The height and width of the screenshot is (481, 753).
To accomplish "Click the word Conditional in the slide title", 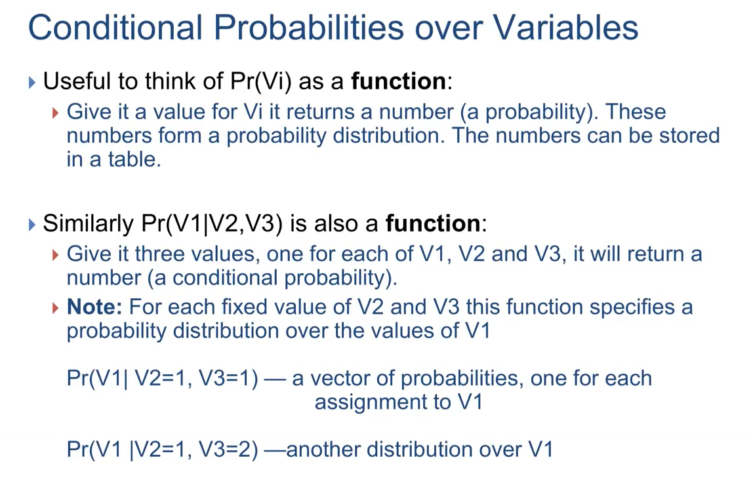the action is [115, 28].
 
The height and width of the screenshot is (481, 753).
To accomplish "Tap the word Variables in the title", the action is [565, 28].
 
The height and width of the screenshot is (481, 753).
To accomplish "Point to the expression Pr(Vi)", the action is [261, 81].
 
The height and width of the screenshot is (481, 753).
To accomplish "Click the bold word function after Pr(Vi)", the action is [398, 81].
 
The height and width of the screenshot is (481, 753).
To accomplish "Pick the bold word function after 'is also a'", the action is [432, 223].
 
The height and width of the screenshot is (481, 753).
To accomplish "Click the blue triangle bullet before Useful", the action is [32, 83].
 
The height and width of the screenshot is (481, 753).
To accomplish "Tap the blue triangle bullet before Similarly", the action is [32, 224].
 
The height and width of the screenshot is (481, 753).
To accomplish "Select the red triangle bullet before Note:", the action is [55, 308].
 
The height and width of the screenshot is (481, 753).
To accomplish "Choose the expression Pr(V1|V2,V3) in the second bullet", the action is [212, 224].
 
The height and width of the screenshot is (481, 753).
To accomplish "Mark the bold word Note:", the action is [94, 307].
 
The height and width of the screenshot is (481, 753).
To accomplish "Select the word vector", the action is [340, 378].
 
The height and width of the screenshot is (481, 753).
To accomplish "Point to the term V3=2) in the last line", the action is [228, 450].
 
